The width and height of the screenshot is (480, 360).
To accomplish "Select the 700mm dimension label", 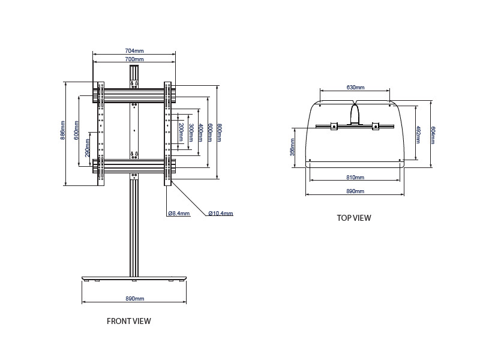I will point(134,59).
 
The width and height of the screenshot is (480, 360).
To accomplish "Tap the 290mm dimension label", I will point(88,148).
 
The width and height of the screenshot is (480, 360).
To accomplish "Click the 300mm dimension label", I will point(191,132).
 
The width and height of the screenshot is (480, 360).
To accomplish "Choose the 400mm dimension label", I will point(200,132).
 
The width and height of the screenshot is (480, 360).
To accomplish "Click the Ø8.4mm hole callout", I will point(179,214).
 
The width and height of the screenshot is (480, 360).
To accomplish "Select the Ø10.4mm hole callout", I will point(221,214).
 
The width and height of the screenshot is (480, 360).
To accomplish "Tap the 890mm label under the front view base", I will point(134,299).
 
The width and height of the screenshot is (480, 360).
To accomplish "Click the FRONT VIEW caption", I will point(129,321).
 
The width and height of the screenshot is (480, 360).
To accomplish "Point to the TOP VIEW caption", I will point(354,218).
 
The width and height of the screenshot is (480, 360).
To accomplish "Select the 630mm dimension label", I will point(355,87).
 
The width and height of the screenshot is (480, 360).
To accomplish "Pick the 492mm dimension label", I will point(418,134).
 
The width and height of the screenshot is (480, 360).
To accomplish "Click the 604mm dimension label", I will point(433,134).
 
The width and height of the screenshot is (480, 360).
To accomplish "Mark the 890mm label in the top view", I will point(355,191).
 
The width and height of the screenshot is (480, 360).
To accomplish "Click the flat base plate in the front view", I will point(134,280).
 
